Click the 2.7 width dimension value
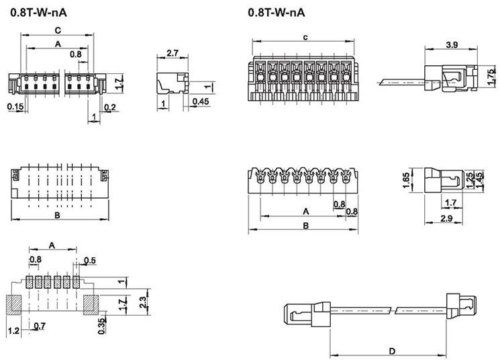tap(171, 52)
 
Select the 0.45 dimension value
tap(199, 101)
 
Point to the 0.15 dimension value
tap(14, 106)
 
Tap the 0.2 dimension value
tap(110, 107)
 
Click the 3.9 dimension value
tap(452, 45)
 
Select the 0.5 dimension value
tap(91, 260)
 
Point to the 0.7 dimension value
tap(40, 326)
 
